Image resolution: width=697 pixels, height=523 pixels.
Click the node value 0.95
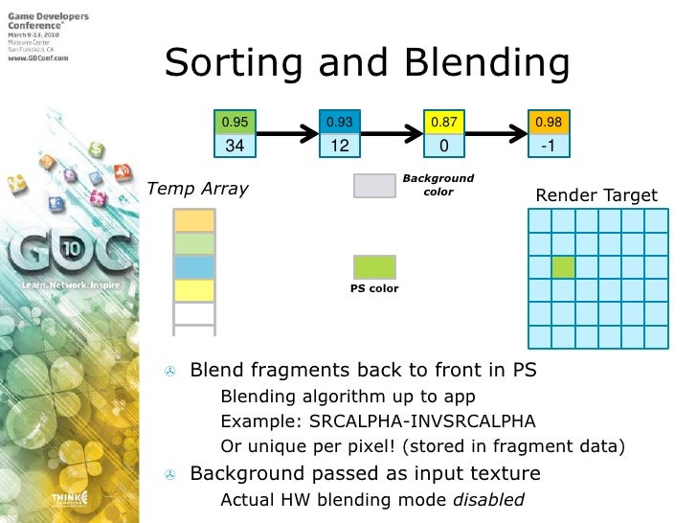(x=235, y=123)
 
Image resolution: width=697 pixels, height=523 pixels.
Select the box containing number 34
(x=235, y=147)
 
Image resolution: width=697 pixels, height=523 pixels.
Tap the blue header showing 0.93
(x=339, y=123)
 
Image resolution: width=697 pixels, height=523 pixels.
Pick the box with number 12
(x=339, y=147)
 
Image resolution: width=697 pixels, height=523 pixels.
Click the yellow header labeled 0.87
(x=443, y=123)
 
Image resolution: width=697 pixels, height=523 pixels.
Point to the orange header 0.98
(x=549, y=123)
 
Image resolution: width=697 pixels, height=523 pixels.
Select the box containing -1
(x=549, y=147)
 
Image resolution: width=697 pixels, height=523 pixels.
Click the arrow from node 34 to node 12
(x=286, y=135)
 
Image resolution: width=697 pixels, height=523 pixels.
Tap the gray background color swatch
(x=374, y=186)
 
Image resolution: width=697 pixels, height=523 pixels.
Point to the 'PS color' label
(x=374, y=288)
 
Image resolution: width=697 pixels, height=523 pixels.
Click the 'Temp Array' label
(x=197, y=189)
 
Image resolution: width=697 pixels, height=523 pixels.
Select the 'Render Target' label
(x=596, y=195)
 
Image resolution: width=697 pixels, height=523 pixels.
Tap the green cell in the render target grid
(x=563, y=267)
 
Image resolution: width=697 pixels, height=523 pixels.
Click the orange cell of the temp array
(x=194, y=220)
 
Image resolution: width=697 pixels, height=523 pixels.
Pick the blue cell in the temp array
(x=194, y=266)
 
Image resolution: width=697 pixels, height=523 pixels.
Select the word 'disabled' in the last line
(x=488, y=499)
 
